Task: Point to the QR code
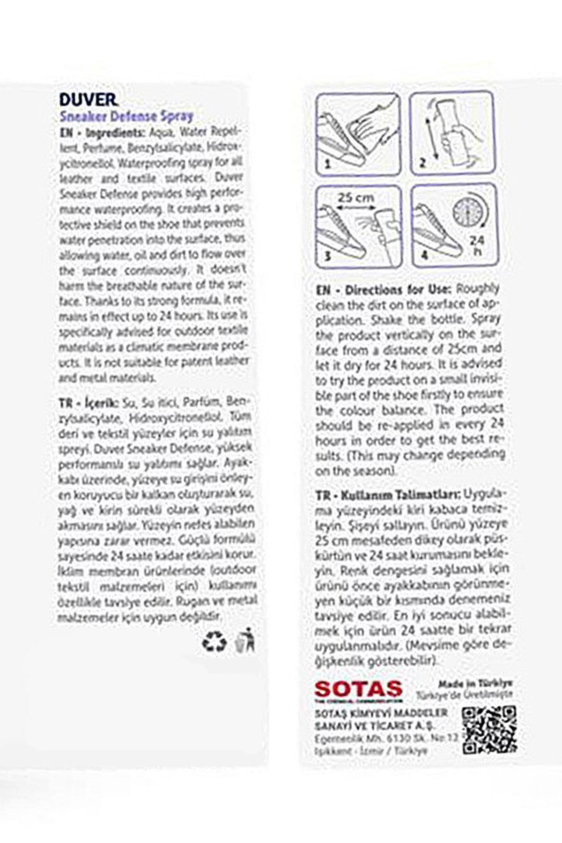pyautogui.click(x=489, y=730)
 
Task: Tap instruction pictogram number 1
pyautogui.click(x=358, y=133)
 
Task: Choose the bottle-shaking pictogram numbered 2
pyautogui.click(x=451, y=133)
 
